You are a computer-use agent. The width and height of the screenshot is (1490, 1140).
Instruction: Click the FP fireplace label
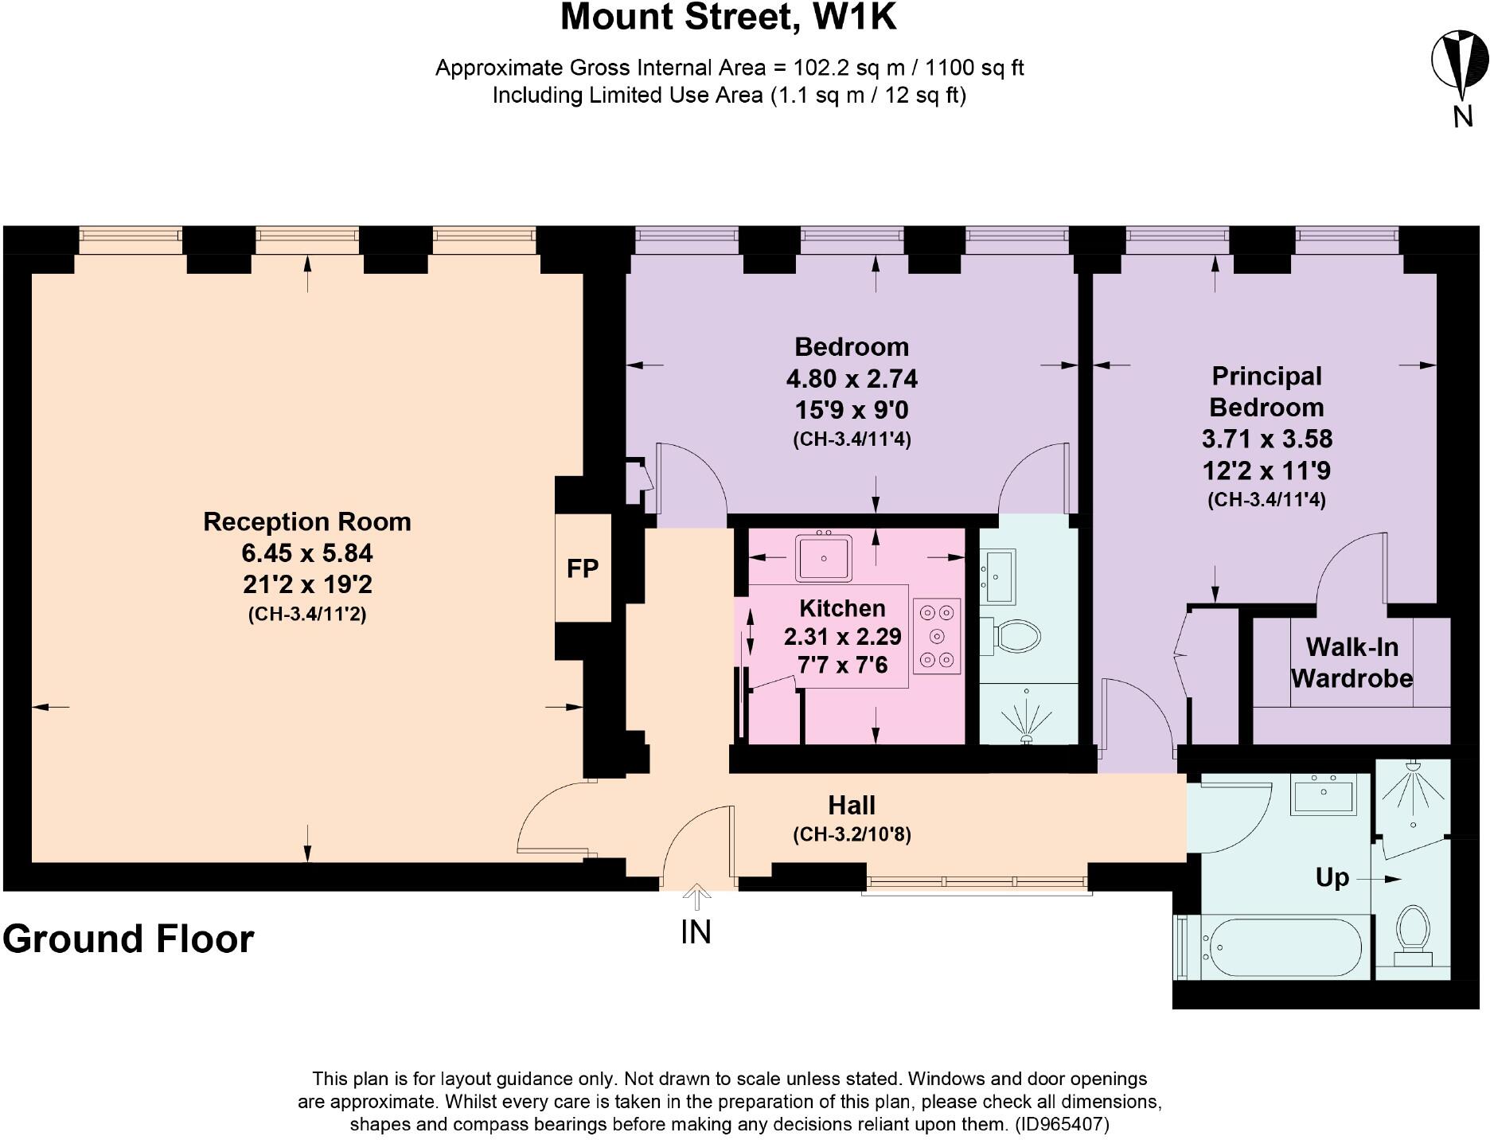[x=582, y=568]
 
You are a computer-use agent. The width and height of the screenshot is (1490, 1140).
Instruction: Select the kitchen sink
[x=823, y=556]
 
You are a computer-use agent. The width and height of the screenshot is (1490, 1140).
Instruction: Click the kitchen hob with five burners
[x=937, y=636]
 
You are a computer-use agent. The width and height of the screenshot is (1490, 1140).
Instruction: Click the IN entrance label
[x=696, y=931]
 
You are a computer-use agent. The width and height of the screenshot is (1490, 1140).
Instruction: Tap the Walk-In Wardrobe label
[x=1352, y=662]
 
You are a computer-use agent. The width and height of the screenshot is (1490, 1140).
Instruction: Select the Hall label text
[x=851, y=806]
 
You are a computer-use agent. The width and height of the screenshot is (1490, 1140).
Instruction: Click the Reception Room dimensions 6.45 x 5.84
[x=307, y=553]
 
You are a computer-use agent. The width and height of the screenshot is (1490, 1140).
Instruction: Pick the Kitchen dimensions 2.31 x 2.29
[x=842, y=637]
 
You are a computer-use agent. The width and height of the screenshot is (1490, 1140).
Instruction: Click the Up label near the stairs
[x=1332, y=878]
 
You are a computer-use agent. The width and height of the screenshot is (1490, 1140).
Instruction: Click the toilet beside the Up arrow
[x=1414, y=932]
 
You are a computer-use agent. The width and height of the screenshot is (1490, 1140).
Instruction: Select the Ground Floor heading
[x=128, y=939]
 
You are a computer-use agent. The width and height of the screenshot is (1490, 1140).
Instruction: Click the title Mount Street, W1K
[x=728, y=18]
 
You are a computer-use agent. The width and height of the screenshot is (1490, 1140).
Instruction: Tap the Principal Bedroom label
[x=1266, y=392]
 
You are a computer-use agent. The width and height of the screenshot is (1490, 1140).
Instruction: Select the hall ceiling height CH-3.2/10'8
[x=852, y=834]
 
